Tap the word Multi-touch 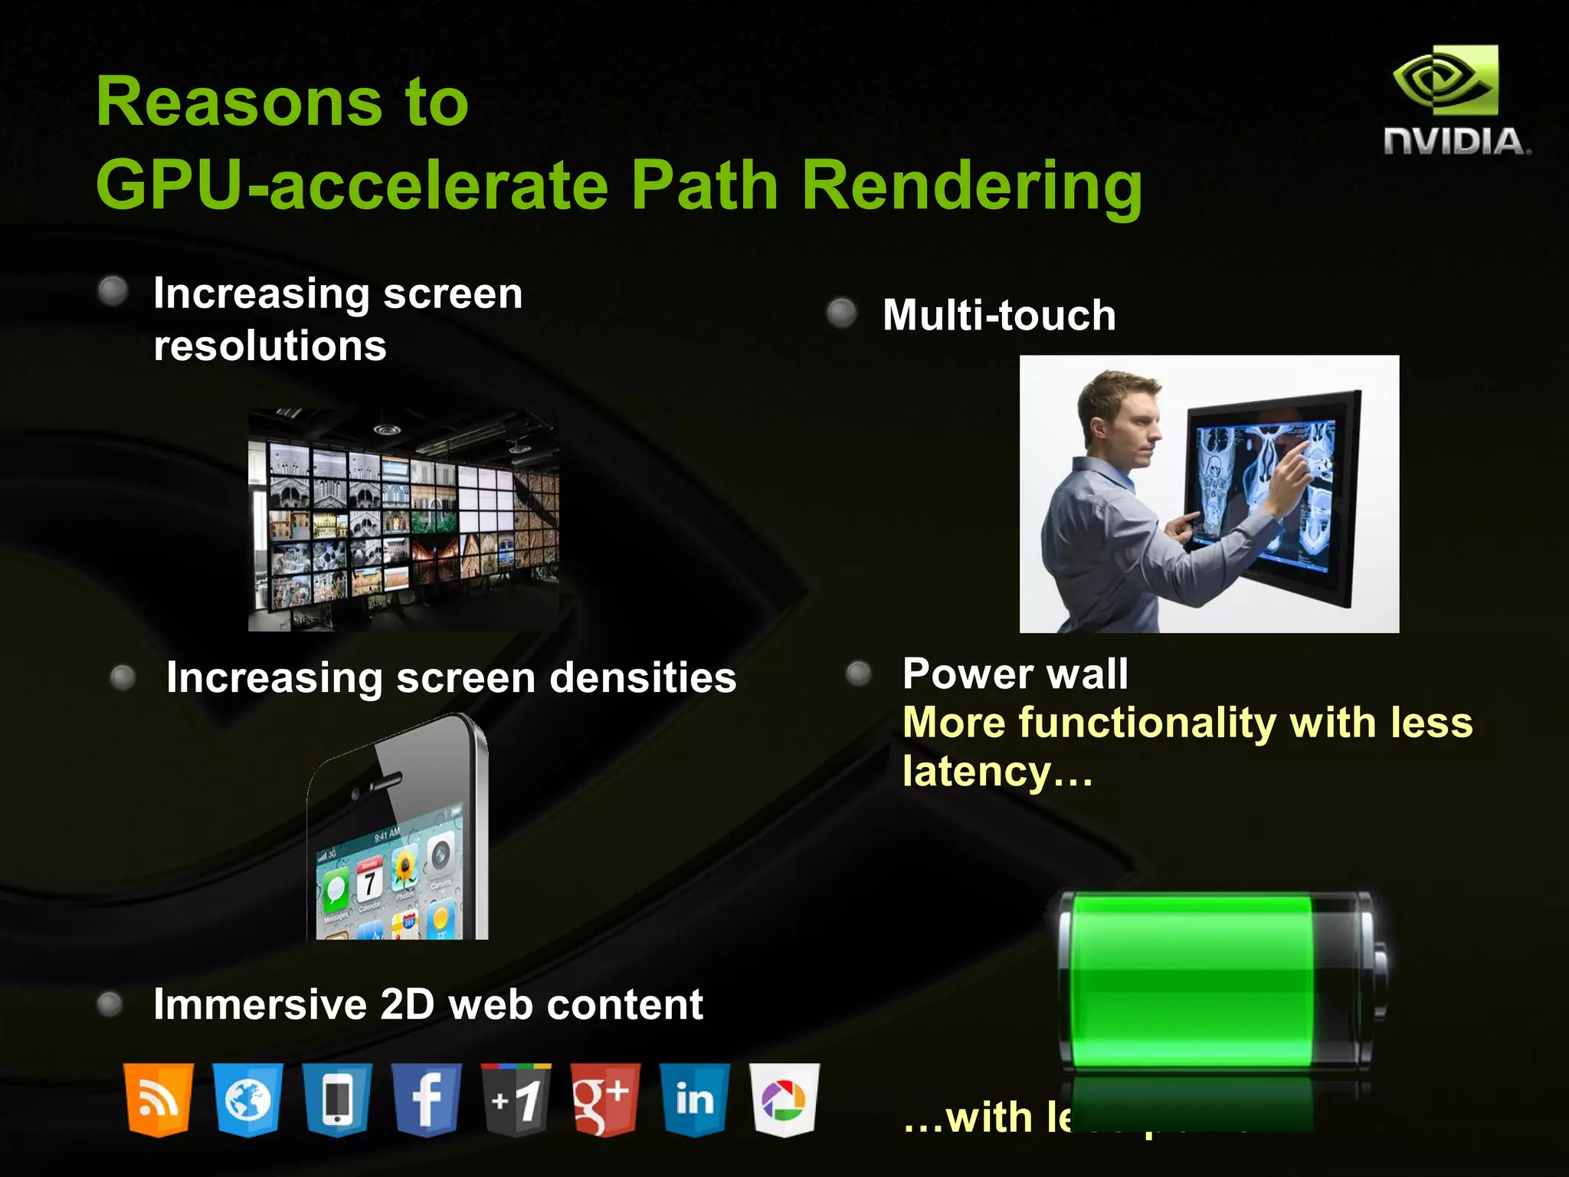(999, 315)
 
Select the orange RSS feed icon (159, 1100)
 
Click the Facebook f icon (427, 1100)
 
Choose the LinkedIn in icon (695, 1100)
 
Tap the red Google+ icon (605, 1100)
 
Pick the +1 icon (516, 1100)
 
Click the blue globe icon (247, 1100)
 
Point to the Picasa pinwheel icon (784, 1100)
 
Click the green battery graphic (1218, 981)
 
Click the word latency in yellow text (976, 772)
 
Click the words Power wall (1015, 674)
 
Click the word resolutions (270, 346)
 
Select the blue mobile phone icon (337, 1100)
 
